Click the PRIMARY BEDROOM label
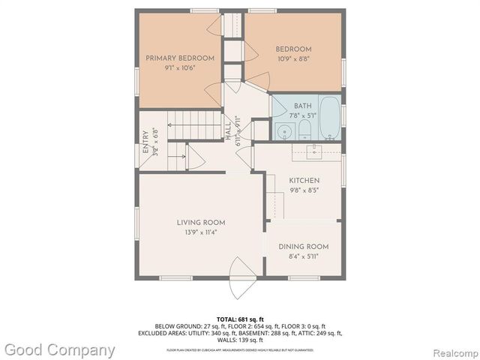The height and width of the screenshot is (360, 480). [179, 58]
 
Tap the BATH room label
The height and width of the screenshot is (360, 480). [303, 106]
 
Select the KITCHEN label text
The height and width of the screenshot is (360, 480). [304, 181]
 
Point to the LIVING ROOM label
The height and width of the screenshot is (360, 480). [201, 222]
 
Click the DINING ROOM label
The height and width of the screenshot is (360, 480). [303, 247]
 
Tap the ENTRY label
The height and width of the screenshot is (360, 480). [145, 142]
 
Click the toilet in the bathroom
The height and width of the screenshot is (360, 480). [304, 132]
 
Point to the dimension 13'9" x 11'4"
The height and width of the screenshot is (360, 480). [201, 233]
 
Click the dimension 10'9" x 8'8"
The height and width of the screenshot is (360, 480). [293, 58]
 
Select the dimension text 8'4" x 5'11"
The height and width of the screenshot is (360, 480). [303, 257]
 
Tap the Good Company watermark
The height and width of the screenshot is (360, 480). [60, 349]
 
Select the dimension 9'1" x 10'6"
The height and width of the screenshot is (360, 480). [179, 68]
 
